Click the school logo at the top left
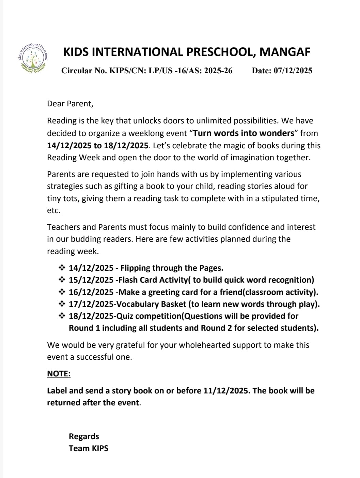(x=33, y=58)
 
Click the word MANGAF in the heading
(x=285, y=52)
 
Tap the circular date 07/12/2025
(x=293, y=71)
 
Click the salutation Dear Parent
(x=70, y=104)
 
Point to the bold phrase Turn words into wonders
(x=244, y=133)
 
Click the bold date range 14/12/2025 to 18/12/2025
(x=98, y=146)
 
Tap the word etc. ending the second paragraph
(x=54, y=210)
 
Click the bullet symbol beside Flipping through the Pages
(x=62, y=268)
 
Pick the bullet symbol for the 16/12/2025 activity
(x=62, y=292)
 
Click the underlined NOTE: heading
(x=59, y=374)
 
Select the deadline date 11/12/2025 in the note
(x=226, y=391)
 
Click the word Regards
(x=84, y=436)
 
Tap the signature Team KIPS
(x=89, y=448)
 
